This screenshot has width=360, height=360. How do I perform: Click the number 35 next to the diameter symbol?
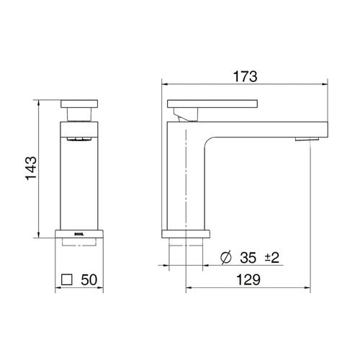(x=249, y=257)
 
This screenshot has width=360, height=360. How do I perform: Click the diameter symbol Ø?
(x=225, y=257)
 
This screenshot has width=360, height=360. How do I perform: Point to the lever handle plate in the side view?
(x=212, y=102)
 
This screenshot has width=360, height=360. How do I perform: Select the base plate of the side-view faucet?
(x=186, y=234)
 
